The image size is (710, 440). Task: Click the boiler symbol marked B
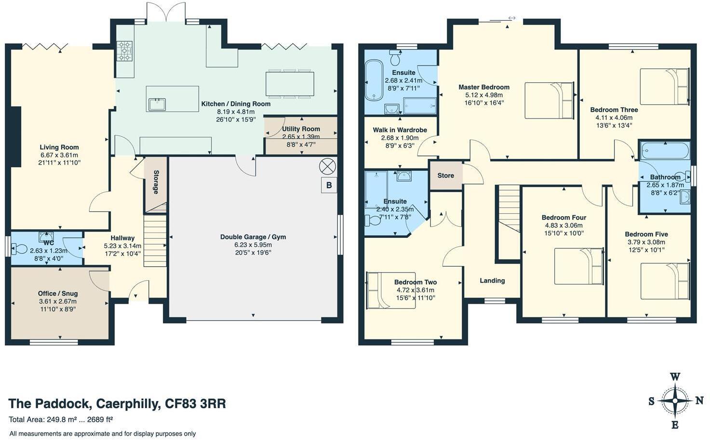tap(329, 185)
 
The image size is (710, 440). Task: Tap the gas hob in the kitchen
tap(124, 51)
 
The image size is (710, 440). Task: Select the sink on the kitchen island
tap(157, 104)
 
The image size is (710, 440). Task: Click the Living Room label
tap(59, 147)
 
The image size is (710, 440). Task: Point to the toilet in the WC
tap(19, 249)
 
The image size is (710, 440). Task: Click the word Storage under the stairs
tap(156, 182)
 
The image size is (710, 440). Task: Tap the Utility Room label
tap(301, 129)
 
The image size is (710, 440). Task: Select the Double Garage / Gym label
tap(253, 237)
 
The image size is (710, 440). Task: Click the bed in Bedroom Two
tap(391, 290)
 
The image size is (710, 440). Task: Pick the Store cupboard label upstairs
tap(446, 175)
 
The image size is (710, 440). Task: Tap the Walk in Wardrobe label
tap(400, 130)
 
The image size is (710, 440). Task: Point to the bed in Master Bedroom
tap(549, 101)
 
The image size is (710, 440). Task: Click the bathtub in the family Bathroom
tap(665, 151)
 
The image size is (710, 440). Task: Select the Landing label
tap(492, 281)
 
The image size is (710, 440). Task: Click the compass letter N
tap(699, 401)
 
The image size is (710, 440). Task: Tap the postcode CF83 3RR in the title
tap(195, 403)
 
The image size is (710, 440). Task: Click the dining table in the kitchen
tap(290, 84)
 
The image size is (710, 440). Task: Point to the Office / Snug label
tap(58, 294)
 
